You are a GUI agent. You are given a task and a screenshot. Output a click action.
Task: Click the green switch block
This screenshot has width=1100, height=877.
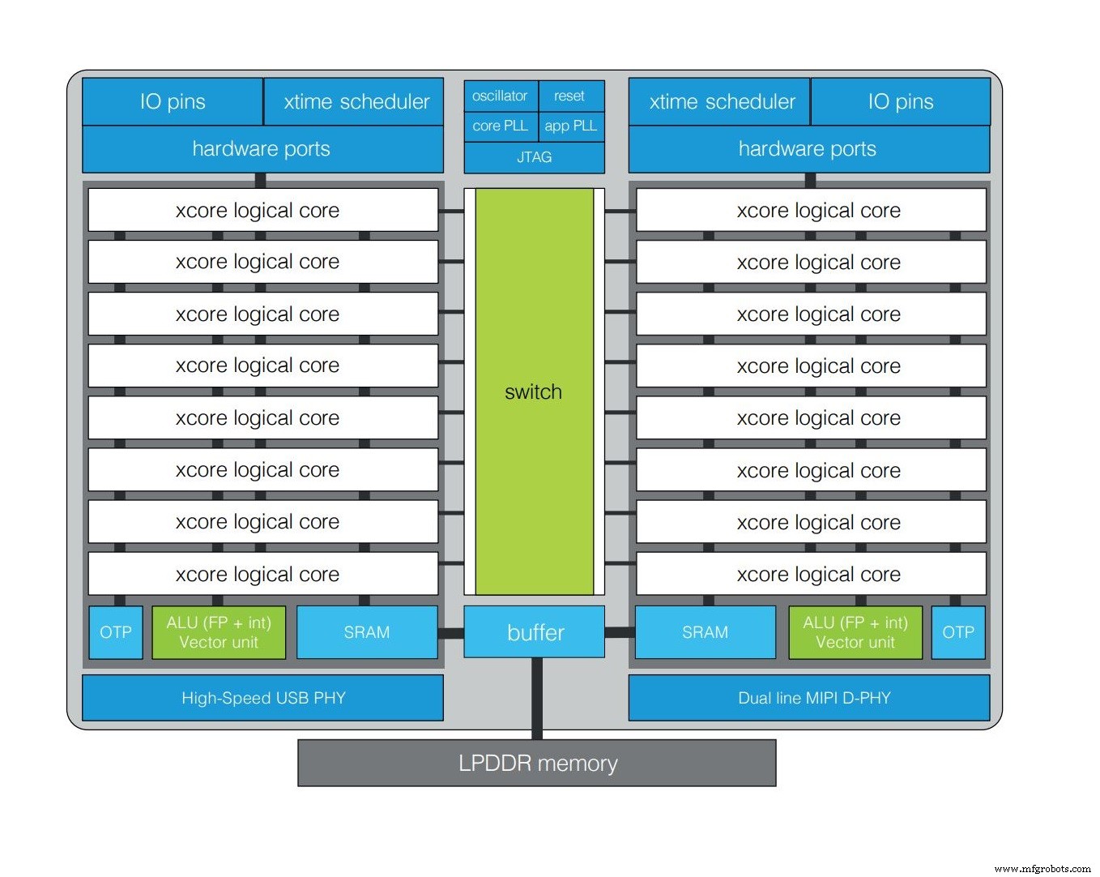[x=534, y=391]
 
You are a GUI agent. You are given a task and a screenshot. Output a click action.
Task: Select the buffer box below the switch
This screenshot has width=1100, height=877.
[x=535, y=632]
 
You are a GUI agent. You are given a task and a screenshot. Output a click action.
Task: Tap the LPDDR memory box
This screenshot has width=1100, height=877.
[x=537, y=763]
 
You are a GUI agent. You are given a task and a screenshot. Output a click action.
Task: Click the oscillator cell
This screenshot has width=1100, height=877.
[x=500, y=96]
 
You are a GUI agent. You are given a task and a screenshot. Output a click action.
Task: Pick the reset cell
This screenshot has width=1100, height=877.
[x=570, y=96]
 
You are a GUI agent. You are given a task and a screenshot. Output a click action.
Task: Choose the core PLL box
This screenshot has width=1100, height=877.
[x=500, y=126]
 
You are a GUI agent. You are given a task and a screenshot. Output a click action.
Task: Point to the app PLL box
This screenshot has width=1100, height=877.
[x=571, y=126]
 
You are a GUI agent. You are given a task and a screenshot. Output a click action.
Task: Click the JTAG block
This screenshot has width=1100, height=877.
[x=535, y=157]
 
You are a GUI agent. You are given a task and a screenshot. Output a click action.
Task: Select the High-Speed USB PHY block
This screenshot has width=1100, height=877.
[x=262, y=698]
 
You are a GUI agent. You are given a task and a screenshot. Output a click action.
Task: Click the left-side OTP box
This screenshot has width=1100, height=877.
[x=116, y=632]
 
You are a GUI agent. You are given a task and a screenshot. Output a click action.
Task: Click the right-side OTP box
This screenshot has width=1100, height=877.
[x=958, y=632]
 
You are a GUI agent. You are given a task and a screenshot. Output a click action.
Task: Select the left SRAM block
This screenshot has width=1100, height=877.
[x=367, y=632]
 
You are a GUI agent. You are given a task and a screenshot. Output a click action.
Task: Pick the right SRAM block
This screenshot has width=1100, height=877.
[x=705, y=632]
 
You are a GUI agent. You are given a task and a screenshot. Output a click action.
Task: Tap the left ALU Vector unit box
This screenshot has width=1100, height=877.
[x=219, y=632]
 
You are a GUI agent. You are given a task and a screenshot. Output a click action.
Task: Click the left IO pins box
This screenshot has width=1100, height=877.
[x=173, y=101]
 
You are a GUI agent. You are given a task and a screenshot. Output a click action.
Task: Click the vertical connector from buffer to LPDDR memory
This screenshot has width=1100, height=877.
[x=537, y=698]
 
